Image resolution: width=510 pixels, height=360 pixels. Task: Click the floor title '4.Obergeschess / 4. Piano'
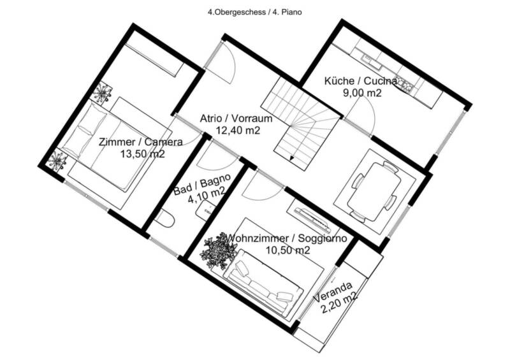coord(254,12)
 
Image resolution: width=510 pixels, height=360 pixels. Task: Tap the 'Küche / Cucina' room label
coord(360,81)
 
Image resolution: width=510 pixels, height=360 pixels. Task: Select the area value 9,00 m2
coord(362,93)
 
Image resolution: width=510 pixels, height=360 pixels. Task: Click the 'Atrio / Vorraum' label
coord(236,119)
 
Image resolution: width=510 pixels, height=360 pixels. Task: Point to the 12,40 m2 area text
coord(238,131)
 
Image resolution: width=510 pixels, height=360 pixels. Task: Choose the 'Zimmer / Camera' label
coord(140,142)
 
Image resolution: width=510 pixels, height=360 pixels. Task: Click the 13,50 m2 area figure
coord(142,154)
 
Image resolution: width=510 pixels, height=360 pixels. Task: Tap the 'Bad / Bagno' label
coord(202,184)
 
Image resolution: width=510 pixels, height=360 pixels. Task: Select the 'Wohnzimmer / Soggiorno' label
coord(286,238)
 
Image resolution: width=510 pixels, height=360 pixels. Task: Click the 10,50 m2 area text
coord(288,250)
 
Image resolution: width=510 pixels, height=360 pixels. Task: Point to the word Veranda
coord(333,291)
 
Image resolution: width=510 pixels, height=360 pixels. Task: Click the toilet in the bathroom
coord(165,218)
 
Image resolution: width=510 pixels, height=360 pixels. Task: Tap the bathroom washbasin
coord(205,208)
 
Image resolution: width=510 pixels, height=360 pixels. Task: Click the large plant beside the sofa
coord(219,251)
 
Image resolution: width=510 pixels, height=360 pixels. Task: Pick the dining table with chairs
coord(374,191)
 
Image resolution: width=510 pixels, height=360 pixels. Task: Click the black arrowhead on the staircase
coord(292,159)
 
